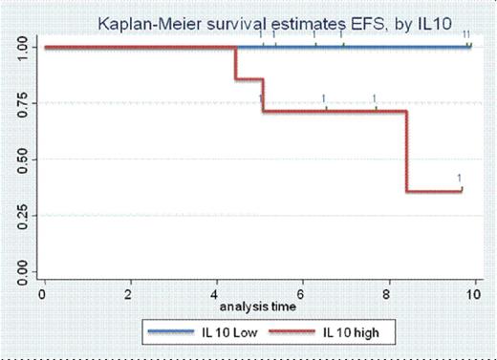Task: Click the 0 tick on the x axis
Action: pos(43,294)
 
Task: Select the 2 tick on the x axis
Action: pos(129,294)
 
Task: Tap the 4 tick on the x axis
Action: pos(216,294)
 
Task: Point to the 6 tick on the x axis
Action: pos(302,294)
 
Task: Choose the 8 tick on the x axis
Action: pos(388,294)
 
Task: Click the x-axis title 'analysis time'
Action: pos(258,307)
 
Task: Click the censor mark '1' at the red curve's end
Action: pos(460,179)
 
